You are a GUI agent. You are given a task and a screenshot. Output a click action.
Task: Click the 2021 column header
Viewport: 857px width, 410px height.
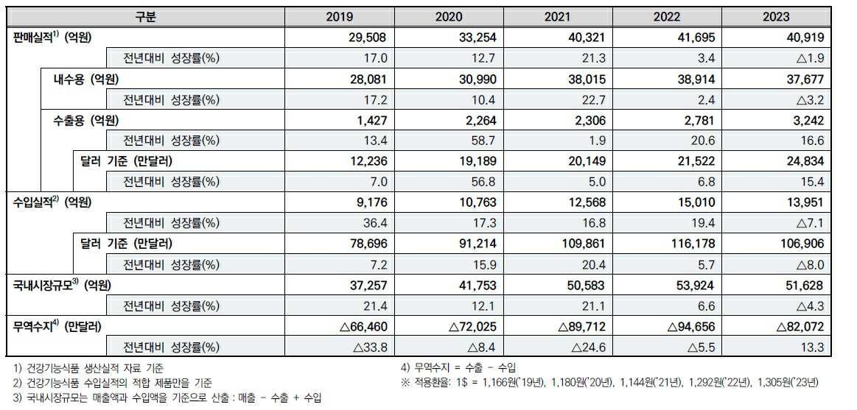tap(558, 16)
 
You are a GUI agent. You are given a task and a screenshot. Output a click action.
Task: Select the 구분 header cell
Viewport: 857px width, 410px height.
tap(147, 16)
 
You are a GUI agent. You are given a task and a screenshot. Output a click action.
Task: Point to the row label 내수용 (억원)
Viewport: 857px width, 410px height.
tap(81, 79)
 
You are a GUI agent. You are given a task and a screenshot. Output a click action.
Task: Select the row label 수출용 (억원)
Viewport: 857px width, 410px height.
tap(81, 120)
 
